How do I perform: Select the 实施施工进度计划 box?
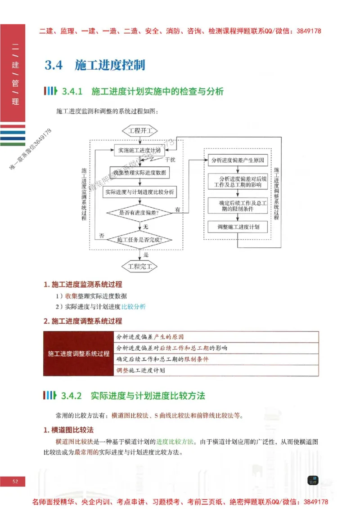pos(139,150)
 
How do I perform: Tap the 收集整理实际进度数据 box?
pos(139,172)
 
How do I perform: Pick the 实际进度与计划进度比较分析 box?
pos(139,192)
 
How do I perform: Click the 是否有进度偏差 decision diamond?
pos(139,212)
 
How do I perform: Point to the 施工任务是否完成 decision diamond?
pos(139,240)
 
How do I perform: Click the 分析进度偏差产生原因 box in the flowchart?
pos(238,160)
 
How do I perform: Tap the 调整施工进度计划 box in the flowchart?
pos(238,227)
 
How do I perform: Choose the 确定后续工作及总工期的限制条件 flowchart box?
pos(238,206)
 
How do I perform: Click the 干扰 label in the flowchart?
pos(170,160)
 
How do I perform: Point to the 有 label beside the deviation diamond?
pos(178,210)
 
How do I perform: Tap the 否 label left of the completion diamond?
pos(102,236)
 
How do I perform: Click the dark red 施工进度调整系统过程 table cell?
pos(79,353)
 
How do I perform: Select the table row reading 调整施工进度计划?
pos(216,371)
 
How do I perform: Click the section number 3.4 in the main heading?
pos(53,65)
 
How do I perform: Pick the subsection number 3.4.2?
pos(71,396)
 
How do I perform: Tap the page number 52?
pos(15,482)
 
